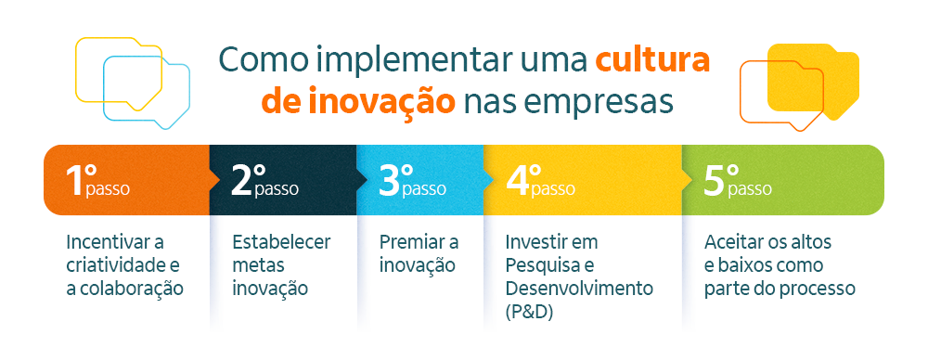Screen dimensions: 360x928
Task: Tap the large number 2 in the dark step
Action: [x=241, y=180]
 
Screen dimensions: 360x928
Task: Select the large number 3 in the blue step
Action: [x=390, y=180]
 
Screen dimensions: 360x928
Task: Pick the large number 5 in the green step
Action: [x=714, y=180]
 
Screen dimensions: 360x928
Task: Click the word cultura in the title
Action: [x=652, y=60]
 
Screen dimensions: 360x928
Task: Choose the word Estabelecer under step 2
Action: [x=280, y=242]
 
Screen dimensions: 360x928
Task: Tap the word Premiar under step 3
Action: [x=411, y=242]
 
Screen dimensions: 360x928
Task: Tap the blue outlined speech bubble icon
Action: [x=147, y=89]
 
